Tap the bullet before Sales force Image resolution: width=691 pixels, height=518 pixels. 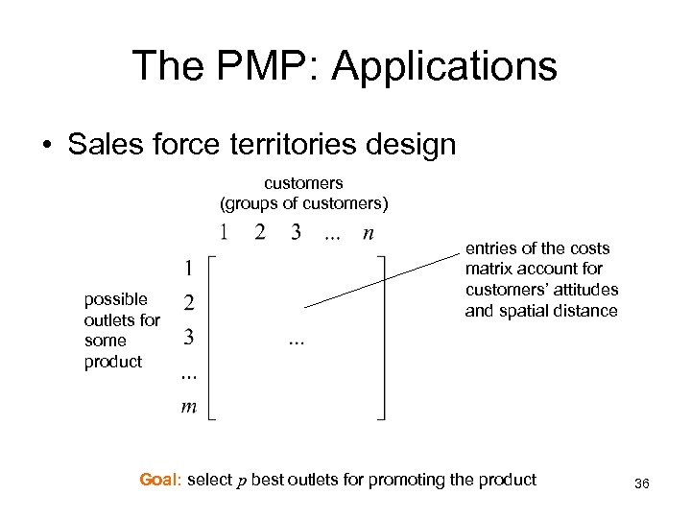pos(46,146)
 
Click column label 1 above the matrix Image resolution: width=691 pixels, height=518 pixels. pos(223,232)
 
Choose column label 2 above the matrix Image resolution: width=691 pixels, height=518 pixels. pos(259,232)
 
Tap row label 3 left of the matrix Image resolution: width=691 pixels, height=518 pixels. pos(189,338)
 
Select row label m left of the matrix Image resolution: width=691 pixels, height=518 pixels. pos(189,407)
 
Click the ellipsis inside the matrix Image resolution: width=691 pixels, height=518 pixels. pos(295,341)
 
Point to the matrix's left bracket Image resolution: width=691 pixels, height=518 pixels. pos(211,336)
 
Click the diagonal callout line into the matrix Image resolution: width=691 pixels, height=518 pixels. pos(384,279)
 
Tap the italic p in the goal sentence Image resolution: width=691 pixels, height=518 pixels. pos(241,481)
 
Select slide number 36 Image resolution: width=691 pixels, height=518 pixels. pos(642,485)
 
